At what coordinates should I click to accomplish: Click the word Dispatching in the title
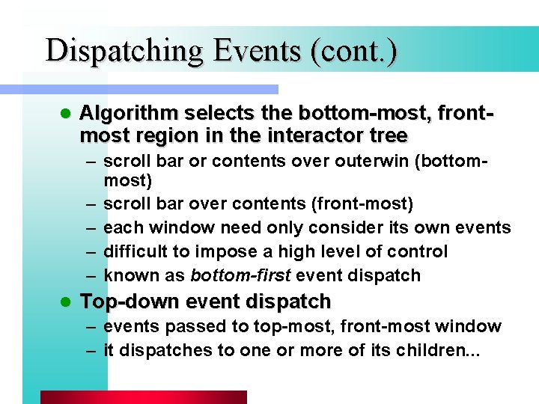tap(124, 51)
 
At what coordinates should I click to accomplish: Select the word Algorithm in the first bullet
tap(128, 114)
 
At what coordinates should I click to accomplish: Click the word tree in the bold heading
tap(389, 135)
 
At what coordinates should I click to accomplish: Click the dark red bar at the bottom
tap(143, 397)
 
